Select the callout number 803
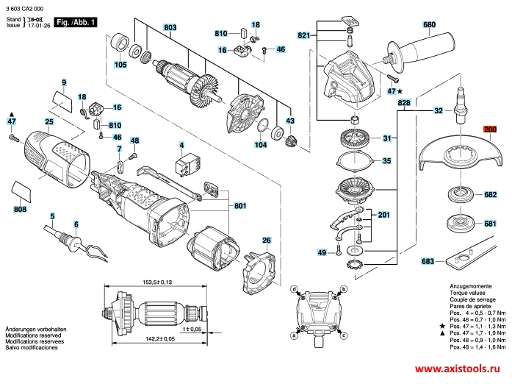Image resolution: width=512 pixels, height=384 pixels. [x=171, y=27]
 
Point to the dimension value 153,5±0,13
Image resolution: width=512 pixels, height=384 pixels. [x=156, y=282]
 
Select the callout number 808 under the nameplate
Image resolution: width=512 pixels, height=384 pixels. [x=20, y=210]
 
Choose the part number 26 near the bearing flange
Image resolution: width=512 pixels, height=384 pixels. [x=266, y=240]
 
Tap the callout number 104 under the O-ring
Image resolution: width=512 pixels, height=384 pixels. [x=260, y=146]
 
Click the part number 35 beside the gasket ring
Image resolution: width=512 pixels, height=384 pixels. [x=387, y=160]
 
